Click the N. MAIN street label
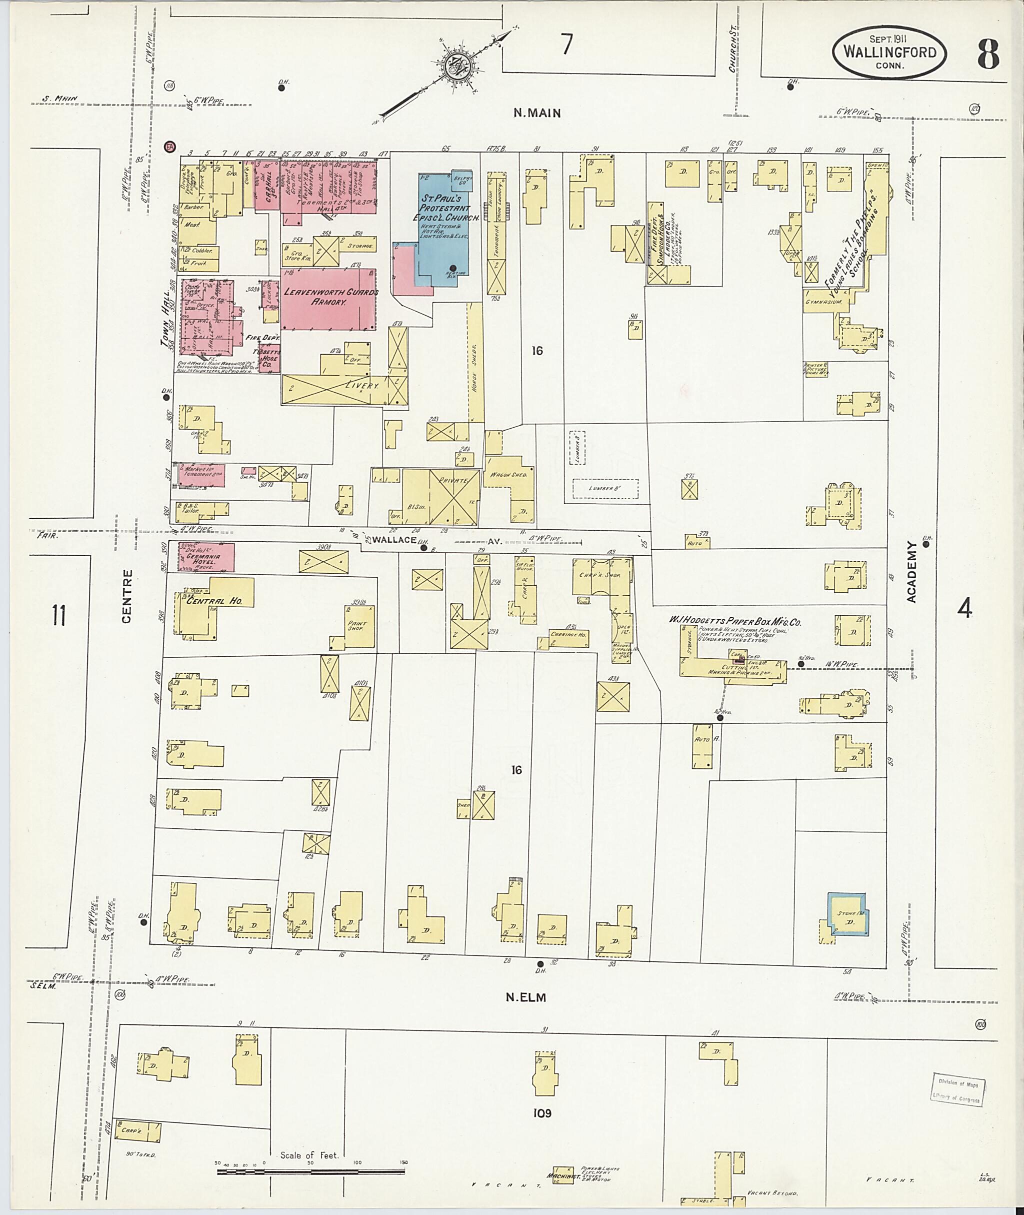click(x=537, y=113)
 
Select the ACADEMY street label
click(x=911, y=572)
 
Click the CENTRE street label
click(x=127, y=596)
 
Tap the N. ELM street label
click(x=525, y=998)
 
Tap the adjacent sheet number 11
click(x=58, y=616)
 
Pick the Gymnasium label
click(x=823, y=303)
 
